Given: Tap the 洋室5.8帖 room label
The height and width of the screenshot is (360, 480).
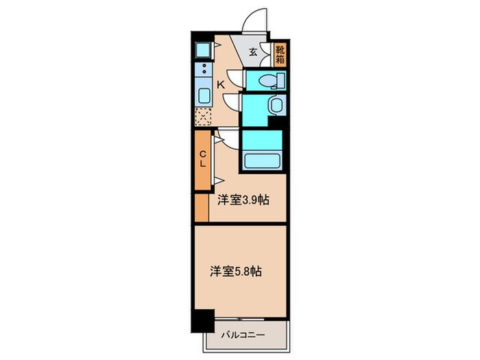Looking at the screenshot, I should (235, 271).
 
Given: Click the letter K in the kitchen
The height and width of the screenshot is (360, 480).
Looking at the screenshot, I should (221, 84).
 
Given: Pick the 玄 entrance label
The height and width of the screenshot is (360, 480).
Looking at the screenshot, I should (253, 51).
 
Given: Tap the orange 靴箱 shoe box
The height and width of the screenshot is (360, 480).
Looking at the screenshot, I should (280, 54).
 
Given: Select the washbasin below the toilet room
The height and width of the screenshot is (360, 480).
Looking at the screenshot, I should (275, 105).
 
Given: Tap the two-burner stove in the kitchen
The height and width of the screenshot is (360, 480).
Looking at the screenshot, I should (203, 69).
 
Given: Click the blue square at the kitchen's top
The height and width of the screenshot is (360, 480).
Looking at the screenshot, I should (204, 49).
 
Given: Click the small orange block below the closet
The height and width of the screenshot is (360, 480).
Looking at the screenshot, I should (201, 208).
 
